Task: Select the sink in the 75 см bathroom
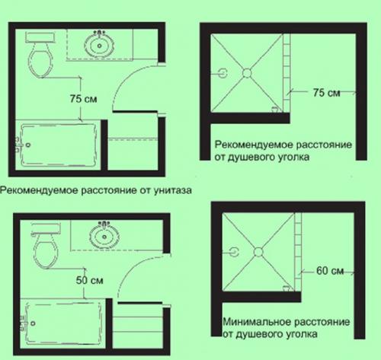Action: point(99,45)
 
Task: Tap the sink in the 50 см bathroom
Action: point(104,236)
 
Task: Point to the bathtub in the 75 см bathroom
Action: point(58,145)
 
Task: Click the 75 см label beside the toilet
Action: point(84,99)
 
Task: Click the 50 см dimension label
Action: point(90,280)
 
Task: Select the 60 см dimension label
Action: point(330,271)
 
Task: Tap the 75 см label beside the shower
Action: point(326,93)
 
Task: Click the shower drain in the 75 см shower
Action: point(247,73)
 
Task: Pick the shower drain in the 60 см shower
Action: point(258,252)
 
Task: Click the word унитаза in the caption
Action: point(173,190)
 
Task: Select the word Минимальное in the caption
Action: point(257,322)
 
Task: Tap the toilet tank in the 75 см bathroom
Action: point(40,37)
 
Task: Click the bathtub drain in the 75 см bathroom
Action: point(28,145)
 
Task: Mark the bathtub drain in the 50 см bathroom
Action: point(33,323)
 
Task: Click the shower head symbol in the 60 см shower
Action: point(234,252)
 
